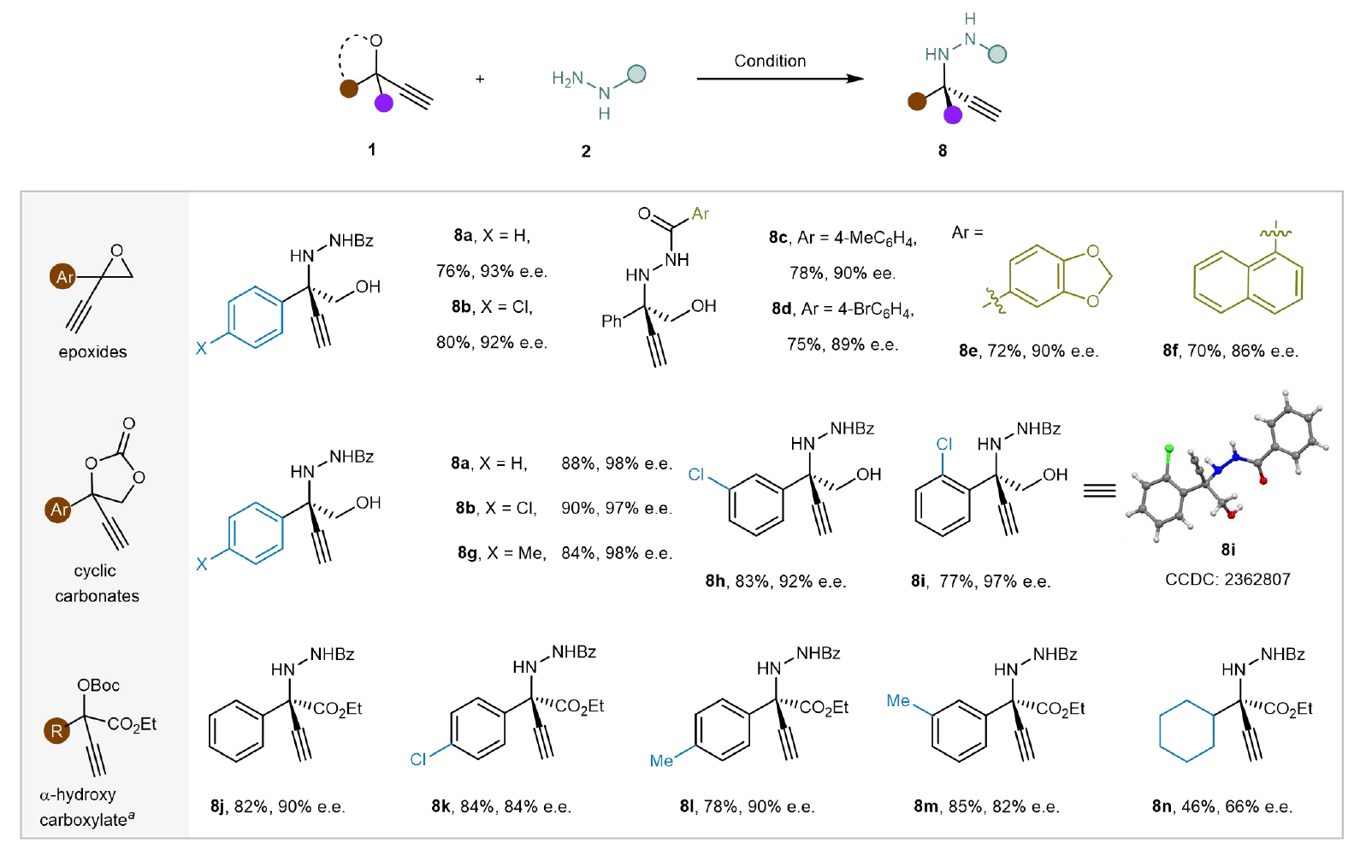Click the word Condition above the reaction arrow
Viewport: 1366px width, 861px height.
(770, 61)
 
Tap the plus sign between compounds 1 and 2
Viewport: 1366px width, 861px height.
(480, 80)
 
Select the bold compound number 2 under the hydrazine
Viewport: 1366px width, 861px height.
(586, 151)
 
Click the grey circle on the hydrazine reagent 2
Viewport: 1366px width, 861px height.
(636, 74)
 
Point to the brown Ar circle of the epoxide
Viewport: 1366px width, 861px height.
(62, 276)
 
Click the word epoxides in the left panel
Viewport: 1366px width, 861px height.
(92, 351)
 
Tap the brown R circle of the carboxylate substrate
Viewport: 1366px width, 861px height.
(56, 730)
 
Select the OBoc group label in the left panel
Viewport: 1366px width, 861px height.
(98, 685)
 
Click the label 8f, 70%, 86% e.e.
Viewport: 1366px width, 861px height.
(1230, 351)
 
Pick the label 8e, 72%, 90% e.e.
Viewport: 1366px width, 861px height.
(1028, 351)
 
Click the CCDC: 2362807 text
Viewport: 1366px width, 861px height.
(1227, 579)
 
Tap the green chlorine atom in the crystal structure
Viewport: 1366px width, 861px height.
(1168, 449)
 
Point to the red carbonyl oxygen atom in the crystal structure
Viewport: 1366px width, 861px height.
(1263, 481)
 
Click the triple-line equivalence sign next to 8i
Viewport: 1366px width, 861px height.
(1100, 490)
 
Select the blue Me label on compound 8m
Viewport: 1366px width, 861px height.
(898, 700)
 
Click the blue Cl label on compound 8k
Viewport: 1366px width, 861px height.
(418, 759)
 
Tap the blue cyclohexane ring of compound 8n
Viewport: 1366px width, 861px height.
(1186, 730)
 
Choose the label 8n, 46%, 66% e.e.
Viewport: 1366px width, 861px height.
(1221, 806)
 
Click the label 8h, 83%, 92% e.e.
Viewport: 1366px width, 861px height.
(775, 581)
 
